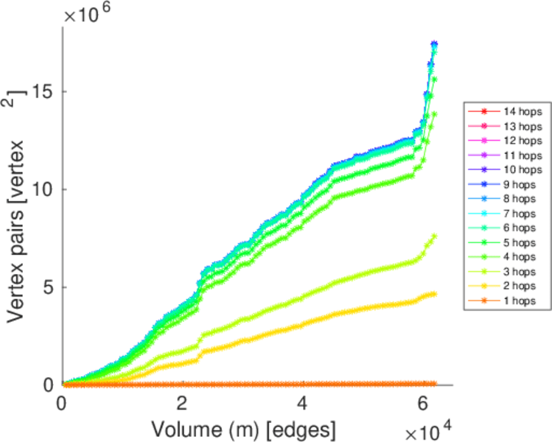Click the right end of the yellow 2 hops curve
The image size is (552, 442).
[x=434, y=293]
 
